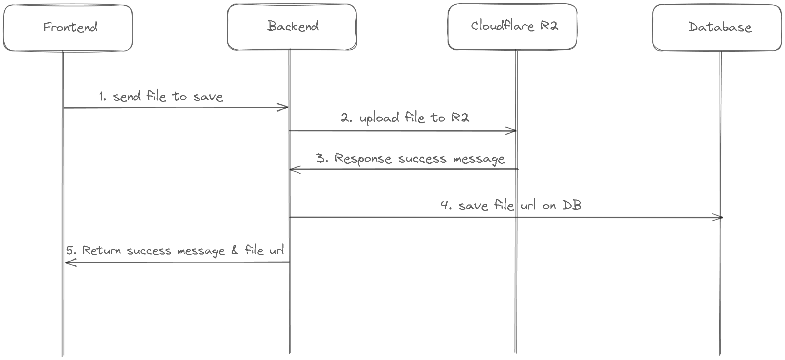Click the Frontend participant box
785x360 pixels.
pos(68,28)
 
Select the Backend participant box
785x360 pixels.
pos(292,27)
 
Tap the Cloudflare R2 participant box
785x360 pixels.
pos(512,26)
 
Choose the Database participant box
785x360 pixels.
pos(717,28)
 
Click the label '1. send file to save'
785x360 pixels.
pos(161,97)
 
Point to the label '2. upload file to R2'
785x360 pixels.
pos(405,118)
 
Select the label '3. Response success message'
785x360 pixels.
pos(411,159)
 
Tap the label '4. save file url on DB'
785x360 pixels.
pos(511,206)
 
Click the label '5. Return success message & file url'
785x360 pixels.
pos(175,250)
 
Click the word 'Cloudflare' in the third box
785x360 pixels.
pos(502,26)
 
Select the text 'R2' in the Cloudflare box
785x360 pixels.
pos(549,26)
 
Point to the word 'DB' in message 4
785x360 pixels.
pos(572,205)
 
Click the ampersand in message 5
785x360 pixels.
pos(234,250)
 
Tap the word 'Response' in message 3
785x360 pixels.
pos(363,159)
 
